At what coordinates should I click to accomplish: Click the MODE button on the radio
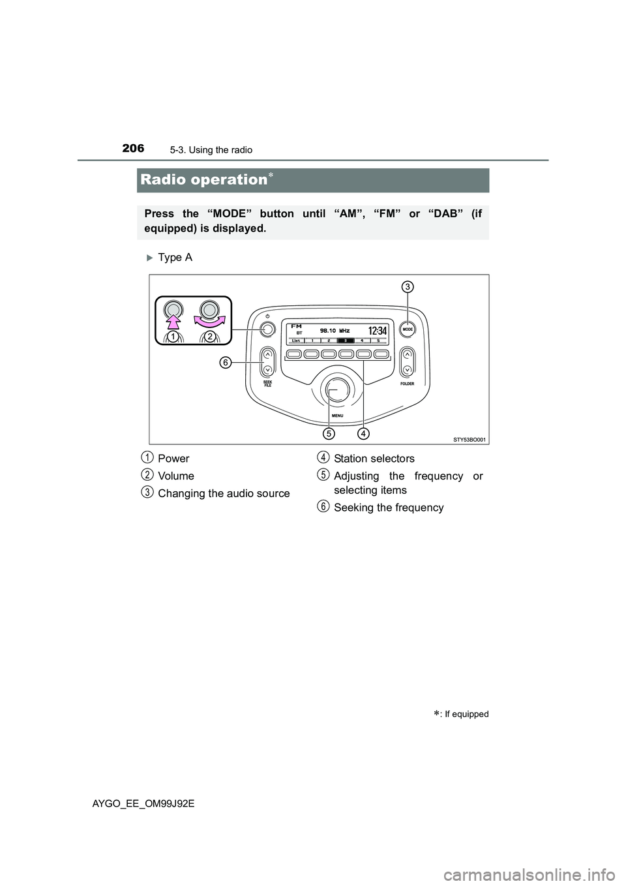tap(408, 329)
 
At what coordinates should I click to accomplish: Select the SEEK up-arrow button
tap(267, 356)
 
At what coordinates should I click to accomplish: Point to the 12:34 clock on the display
tap(378, 331)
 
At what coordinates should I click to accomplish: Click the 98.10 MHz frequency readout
tap(335, 331)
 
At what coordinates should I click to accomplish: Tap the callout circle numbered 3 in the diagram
tap(408, 286)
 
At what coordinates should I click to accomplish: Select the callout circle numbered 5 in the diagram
tap(329, 433)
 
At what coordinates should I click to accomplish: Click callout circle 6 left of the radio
tap(224, 362)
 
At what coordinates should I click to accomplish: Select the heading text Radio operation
tap(200, 179)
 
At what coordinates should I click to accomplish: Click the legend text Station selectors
tap(374, 459)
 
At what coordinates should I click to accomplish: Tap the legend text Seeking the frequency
tap(388, 508)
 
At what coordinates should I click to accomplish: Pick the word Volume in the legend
tap(176, 476)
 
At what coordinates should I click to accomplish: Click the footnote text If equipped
tap(466, 714)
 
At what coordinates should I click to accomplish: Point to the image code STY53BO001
tap(469, 440)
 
